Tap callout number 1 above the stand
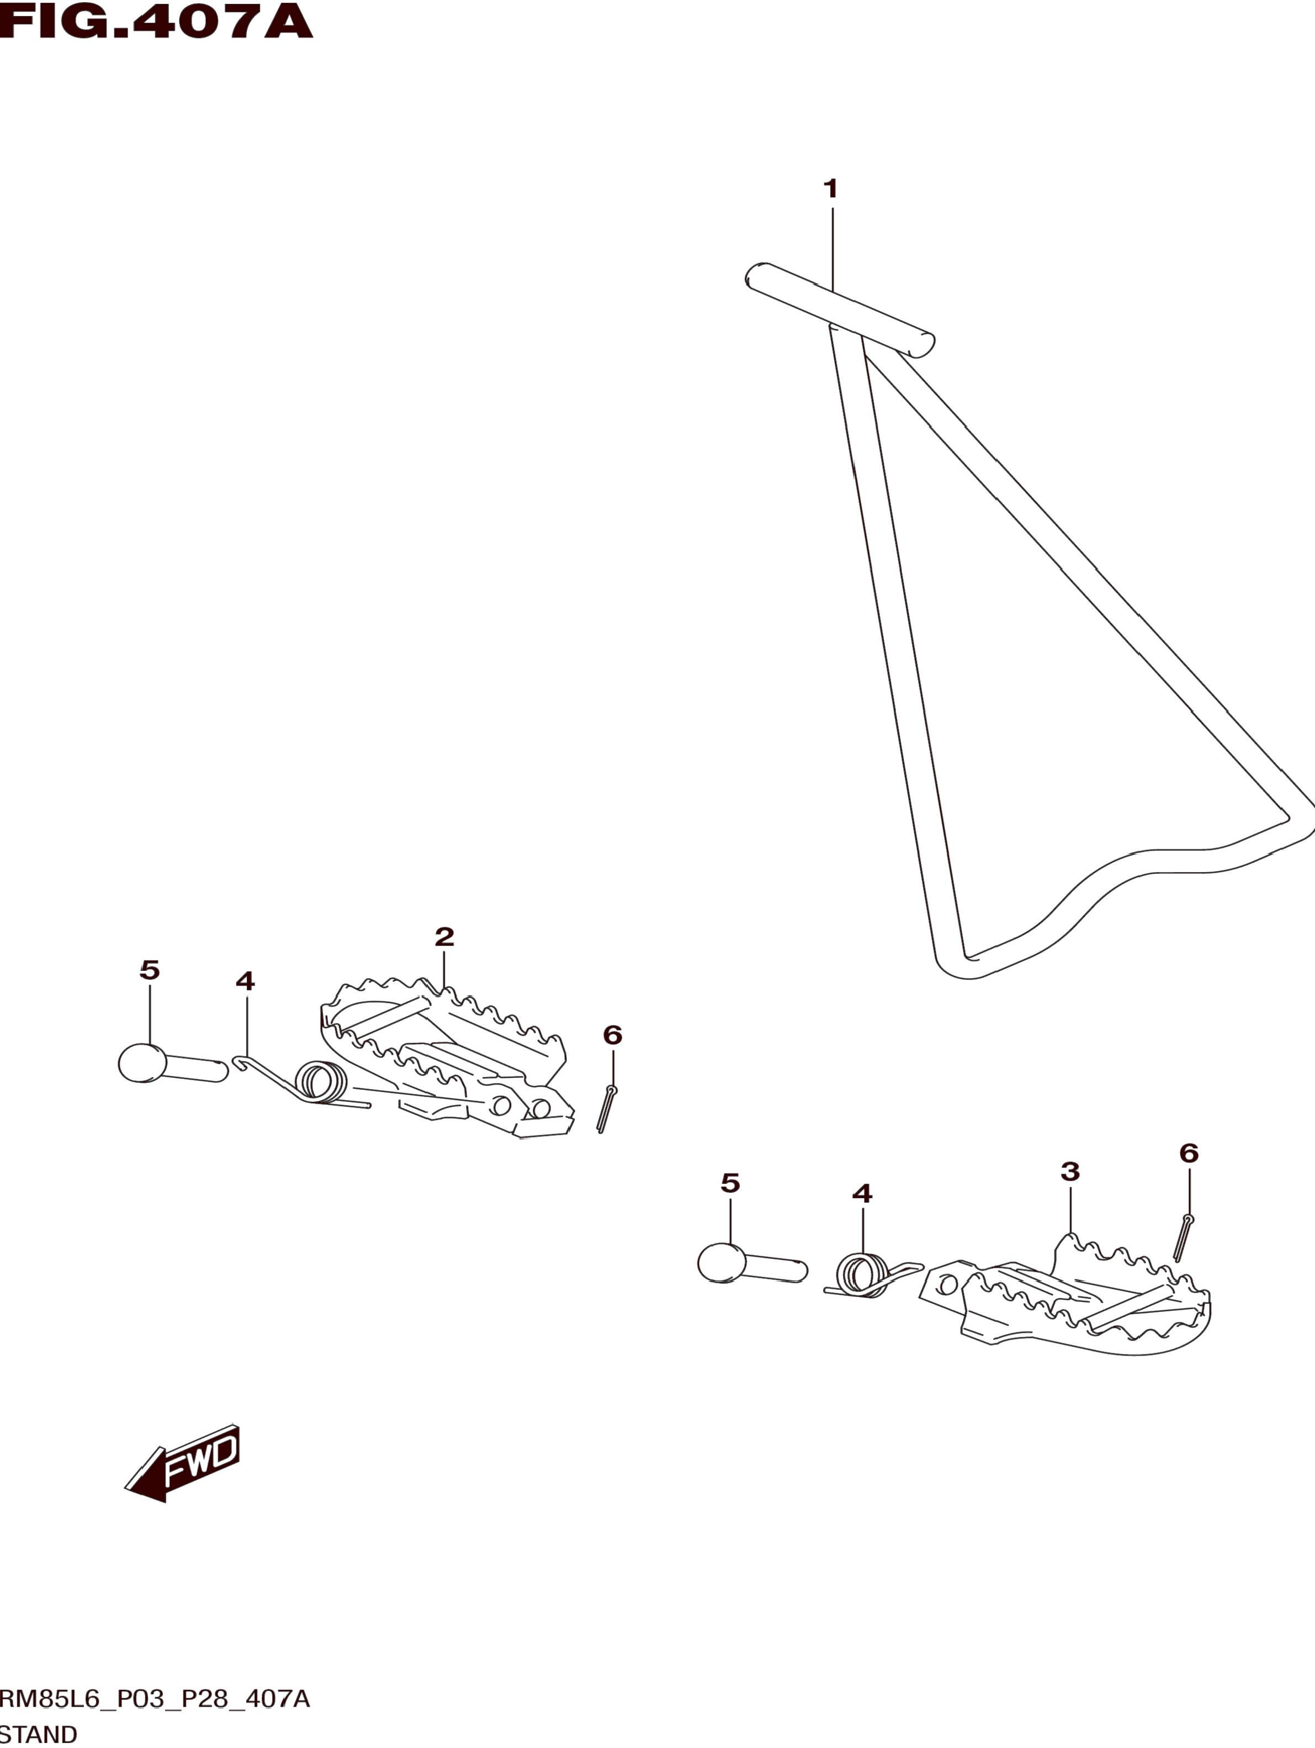[x=830, y=189]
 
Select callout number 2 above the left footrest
[x=444, y=937]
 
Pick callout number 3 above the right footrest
[x=1070, y=1172]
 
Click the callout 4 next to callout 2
[x=245, y=981]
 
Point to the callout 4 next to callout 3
[x=862, y=1194]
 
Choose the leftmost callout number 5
[x=150, y=970]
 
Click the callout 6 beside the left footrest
[x=612, y=1035]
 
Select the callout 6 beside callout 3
[x=1189, y=1154]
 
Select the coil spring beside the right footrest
[x=863, y=1274]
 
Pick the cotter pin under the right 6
[x=1183, y=1237]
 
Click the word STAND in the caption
[x=39, y=1734]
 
